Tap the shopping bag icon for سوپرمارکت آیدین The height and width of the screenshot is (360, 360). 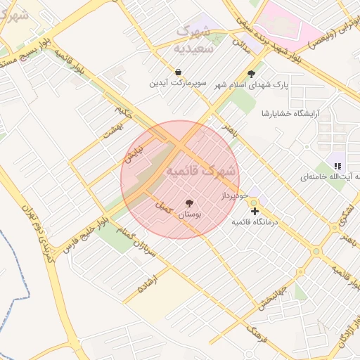[179, 72]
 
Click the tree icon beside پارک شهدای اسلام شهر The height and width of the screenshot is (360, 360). [252, 74]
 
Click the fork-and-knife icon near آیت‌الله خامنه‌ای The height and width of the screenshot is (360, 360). [337, 166]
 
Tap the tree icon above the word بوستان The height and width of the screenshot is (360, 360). [188, 203]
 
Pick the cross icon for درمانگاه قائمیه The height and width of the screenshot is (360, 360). [254, 210]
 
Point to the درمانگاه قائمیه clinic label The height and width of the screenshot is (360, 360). [255, 221]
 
